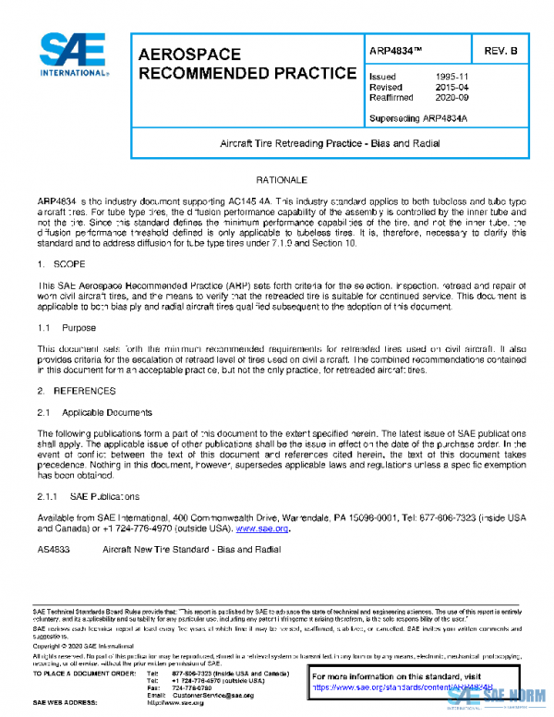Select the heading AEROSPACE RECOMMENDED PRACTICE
[x=247, y=64]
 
